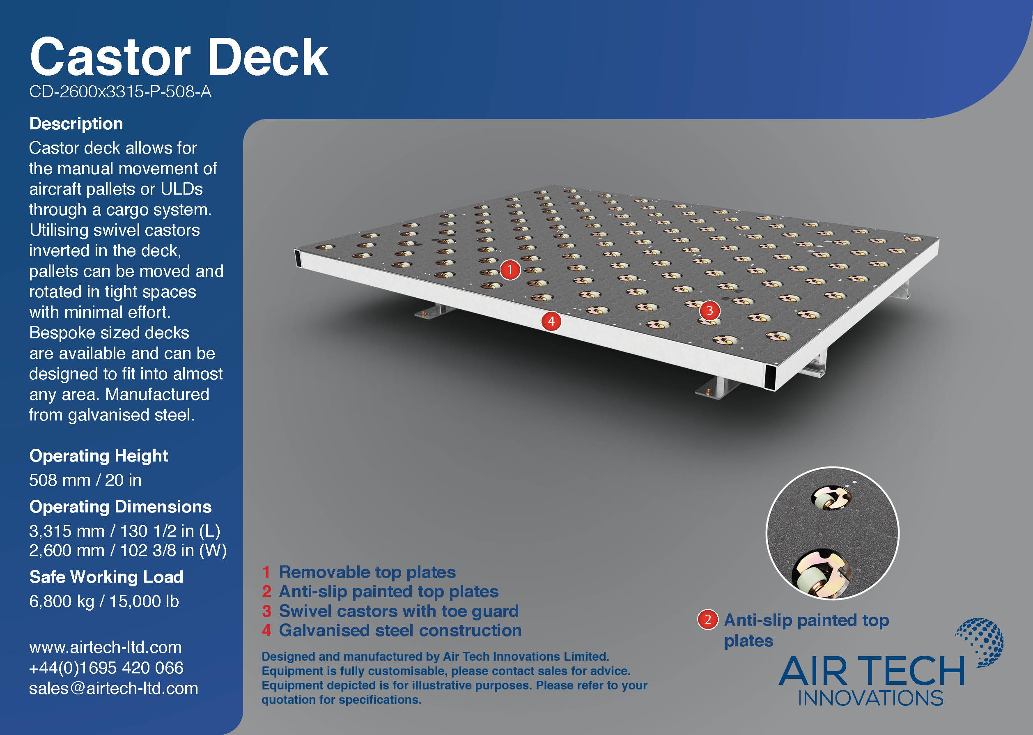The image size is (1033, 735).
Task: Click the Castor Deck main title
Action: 179,57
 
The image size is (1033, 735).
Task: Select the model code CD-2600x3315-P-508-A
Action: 120,92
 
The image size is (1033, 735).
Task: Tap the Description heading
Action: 76,124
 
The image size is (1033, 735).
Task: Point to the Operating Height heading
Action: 99,456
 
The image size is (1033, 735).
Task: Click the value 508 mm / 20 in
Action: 85,480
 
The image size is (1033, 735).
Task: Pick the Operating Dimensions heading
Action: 120,507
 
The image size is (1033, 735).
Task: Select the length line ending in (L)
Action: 125,531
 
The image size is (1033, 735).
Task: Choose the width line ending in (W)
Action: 128,550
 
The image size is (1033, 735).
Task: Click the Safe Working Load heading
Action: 106,577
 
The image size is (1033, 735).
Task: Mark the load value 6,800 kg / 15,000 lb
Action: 104,602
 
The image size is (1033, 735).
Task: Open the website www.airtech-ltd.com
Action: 106,648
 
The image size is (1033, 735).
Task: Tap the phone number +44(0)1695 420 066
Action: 106,668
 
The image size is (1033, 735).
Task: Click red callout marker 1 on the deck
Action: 510,270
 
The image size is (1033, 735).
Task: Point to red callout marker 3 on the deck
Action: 709,310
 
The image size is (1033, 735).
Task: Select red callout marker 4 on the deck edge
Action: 551,322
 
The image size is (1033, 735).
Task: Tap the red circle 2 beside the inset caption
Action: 708,620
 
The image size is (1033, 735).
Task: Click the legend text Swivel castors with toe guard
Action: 399,611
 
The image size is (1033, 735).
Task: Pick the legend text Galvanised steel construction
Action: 400,630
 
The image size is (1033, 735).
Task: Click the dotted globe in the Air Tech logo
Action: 980,642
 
